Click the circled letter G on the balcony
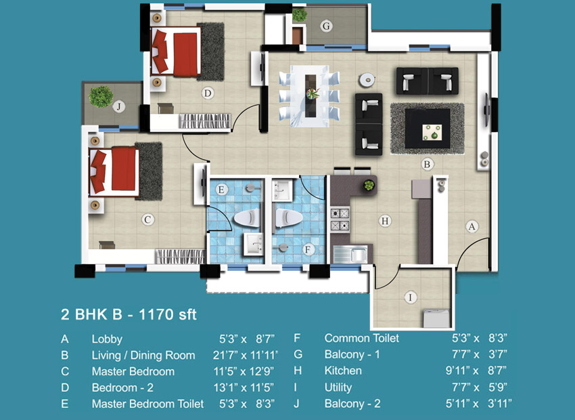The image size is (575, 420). click(x=326, y=26)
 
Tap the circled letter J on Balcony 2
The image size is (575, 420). click(x=118, y=106)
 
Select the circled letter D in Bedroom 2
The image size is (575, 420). click(x=208, y=93)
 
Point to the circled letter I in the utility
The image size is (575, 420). click(x=411, y=297)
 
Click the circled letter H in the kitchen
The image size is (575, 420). click(x=385, y=221)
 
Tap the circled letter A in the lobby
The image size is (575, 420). click(x=472, y=226)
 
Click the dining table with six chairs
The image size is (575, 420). click(x=310, y=96)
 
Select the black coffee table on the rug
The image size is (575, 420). click(x=428, y=129)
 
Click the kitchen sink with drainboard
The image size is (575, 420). click(x=351, y=253)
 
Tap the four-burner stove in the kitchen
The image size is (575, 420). click(x=340, y=219)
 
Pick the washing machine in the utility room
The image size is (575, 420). click(x=436, y=318)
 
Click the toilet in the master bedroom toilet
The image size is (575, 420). click(x=247, y=218)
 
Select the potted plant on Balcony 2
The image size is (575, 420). click(x=101, y=96)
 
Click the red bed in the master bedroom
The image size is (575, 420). click(x=114, y=171)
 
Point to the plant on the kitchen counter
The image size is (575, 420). click(x=369, y=185)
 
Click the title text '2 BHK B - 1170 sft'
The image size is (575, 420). click(x=129, y=314)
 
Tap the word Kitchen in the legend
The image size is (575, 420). click(x=343, y=371)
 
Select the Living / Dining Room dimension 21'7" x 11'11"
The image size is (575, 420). click(x=246, y=356)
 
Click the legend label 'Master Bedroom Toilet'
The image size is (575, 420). click(x=147, y=404)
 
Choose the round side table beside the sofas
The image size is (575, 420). click(x=367, y=80)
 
